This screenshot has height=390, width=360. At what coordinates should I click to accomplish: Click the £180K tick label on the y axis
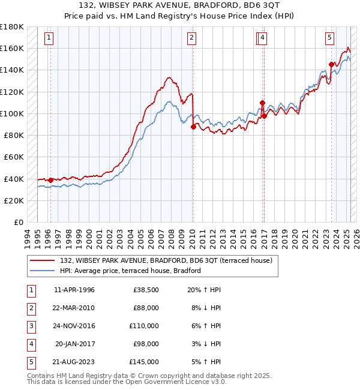pos(12,27)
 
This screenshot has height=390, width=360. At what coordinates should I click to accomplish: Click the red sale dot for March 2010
pos(193,127)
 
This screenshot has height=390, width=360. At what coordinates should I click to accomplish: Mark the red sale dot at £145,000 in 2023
pos(331,64)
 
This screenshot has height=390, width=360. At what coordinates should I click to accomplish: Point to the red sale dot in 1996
pos(50,180)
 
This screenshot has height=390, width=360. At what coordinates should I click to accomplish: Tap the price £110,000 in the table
pos(144,326)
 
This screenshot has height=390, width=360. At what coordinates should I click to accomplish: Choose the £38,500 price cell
pos(146,290)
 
